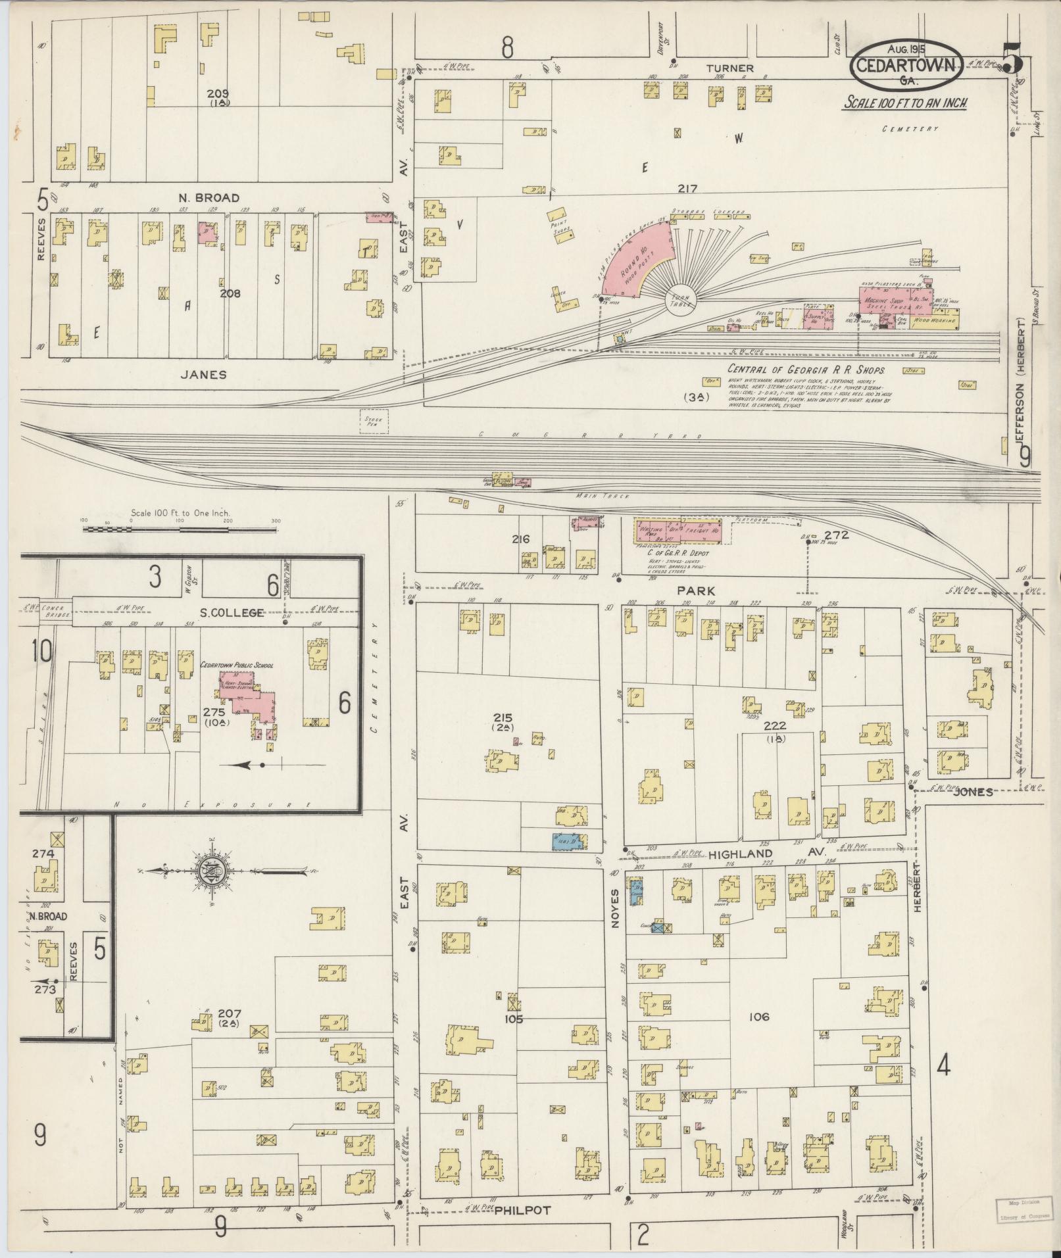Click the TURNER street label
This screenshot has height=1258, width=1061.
tap(730, 68)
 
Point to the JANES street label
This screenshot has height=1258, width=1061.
tap(203, 374)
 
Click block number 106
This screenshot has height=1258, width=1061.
tap(758, 1017)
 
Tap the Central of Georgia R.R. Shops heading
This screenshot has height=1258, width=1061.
tap(806, 370)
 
